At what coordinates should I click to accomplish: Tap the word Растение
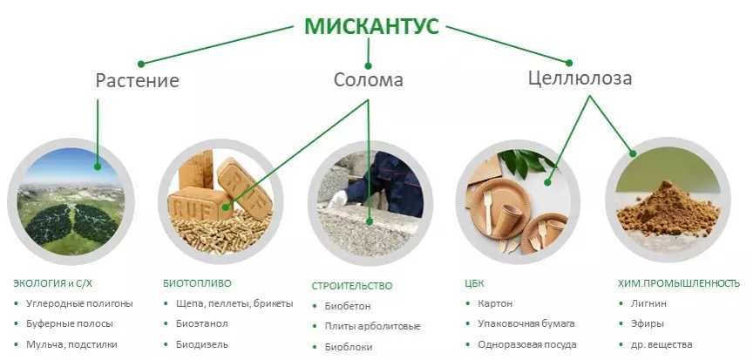[x=137, y=81]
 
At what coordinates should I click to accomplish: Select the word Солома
[x=368, y=80]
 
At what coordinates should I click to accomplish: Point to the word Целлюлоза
[x=580, y=78]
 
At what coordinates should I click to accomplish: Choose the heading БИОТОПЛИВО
[x=198, y=283]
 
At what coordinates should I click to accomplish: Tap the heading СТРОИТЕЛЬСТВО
[x=352, y=285]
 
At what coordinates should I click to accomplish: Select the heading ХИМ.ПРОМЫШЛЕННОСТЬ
[x=679, y=283]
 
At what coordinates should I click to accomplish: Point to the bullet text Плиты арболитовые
[x=373, y=326]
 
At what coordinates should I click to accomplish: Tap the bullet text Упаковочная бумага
[x=526, y=323]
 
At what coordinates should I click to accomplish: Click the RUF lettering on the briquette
[x=198, y=206]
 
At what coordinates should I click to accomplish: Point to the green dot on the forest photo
[x=98, y=165]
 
